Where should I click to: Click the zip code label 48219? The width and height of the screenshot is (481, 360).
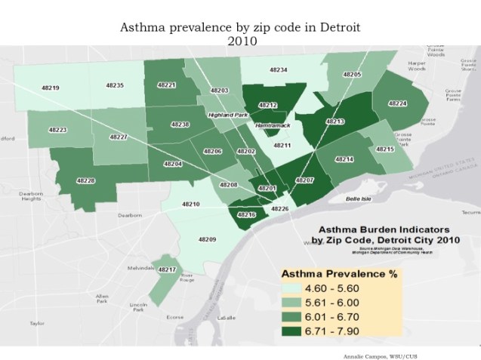click(51, 88)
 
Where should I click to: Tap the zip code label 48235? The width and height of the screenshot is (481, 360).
click(115, 85)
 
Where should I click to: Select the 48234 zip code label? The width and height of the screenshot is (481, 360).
click(279, 69)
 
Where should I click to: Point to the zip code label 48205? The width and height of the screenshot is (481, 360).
click(352, 75)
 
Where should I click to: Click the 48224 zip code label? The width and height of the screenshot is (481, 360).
click(398, 103)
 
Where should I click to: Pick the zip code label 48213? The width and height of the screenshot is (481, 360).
click(335, 121)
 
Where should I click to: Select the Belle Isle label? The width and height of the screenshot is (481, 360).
click(358, 198)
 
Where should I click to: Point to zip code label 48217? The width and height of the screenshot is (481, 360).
click(167, 269)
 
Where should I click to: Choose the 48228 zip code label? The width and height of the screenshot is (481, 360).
click(86, 180)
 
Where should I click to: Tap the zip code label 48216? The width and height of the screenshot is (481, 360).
click(247, 214)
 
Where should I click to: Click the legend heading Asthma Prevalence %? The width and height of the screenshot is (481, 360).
click(339, 274)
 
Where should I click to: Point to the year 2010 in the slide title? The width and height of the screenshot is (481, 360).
click(240, 41)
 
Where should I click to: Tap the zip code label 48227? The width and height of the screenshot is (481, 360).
click(119, 137)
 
